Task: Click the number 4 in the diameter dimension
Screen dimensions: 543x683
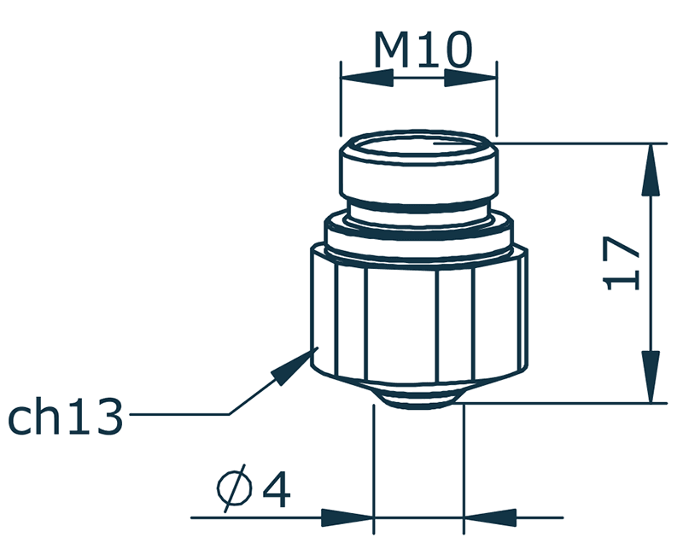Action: [277, 489]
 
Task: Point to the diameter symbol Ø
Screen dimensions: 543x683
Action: [233, 489]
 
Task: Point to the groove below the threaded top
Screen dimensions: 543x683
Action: [418, 210]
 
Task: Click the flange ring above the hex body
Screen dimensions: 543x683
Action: [418, 234]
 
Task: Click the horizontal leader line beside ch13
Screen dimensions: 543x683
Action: [179, 415]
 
